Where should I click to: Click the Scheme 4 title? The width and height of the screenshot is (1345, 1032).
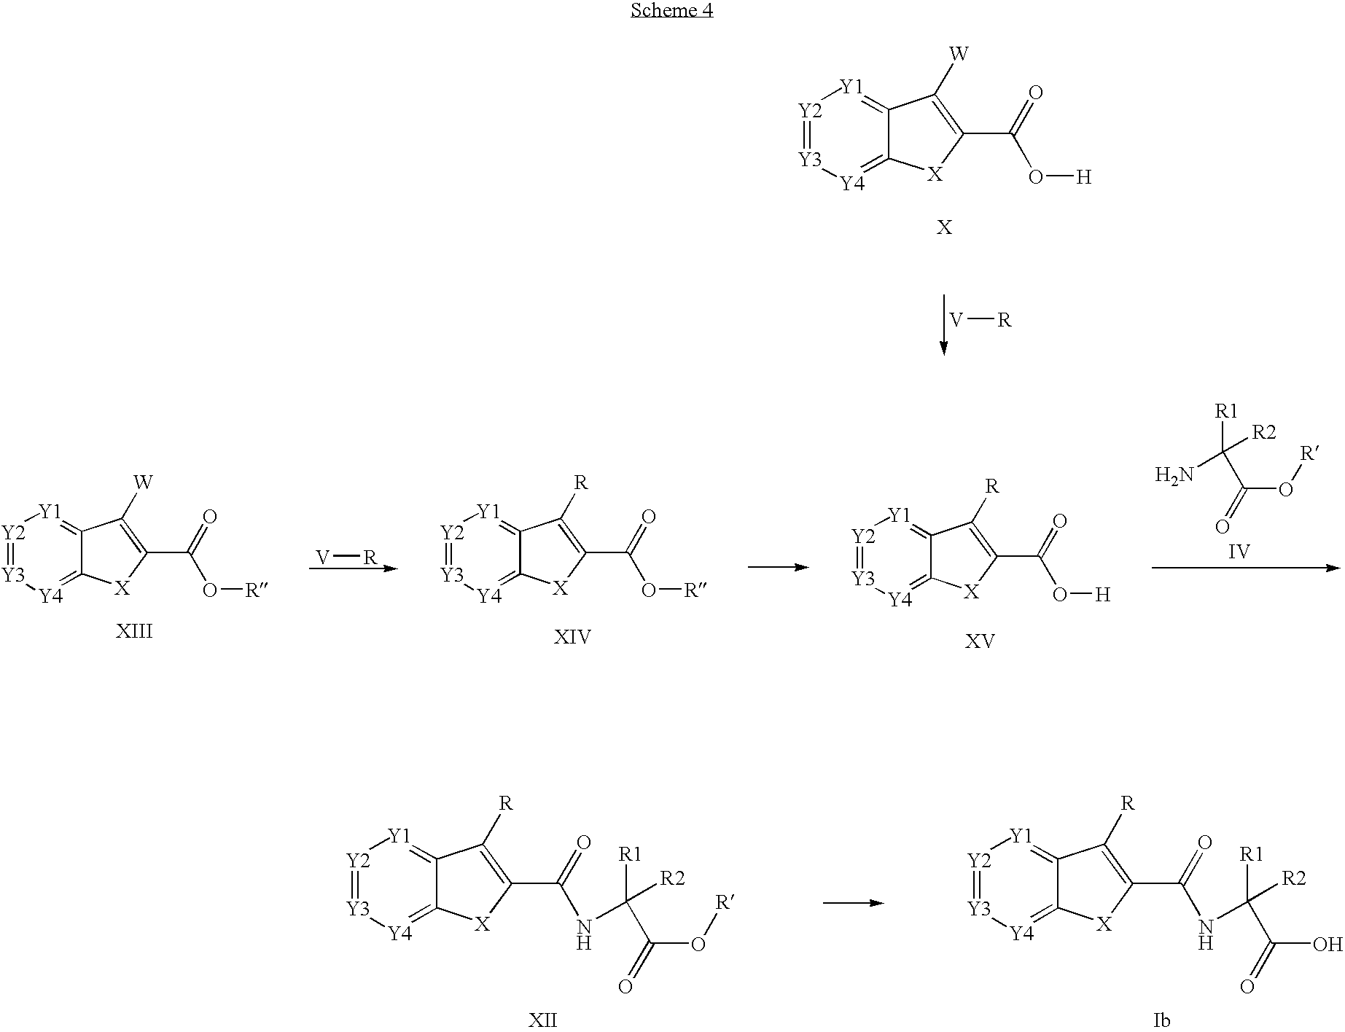pyautogui.click(x=671, y=10)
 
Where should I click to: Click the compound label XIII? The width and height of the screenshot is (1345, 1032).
pyautogui.click(x=134, y=631)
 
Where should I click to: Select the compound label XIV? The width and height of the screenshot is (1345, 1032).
pyautogui.click(x=572, y=638)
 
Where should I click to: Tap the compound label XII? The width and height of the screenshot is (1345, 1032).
pyautogui.click(x=542, y=1020)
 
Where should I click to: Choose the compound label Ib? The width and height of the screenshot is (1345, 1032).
pyautogui.click(x=1161, y=1020)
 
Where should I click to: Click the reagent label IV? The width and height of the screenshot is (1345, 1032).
pyautogui.click(x=1239, y=552)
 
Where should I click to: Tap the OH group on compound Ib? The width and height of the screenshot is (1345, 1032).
pyautogui.click(x=1327, y=945)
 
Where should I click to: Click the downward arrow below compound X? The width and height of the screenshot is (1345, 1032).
pyautogui.click(x=944, y=324)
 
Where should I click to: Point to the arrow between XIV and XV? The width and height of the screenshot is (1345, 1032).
pyautogui.click(x=779, y=567)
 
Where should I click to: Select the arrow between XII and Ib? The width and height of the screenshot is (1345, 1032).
pyautogui.click(x=853, y=903)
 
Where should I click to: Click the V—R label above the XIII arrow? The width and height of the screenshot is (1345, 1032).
pyautogui.click(x=346, y=558)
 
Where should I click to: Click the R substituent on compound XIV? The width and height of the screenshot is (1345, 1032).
pyautogui.click(x=580, y=482)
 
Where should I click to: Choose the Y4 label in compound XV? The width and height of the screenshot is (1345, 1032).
pyautogui.click(x=900, y=600)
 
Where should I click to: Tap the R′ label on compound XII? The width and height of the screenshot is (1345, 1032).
pyautogui.click(x=725, y=904)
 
